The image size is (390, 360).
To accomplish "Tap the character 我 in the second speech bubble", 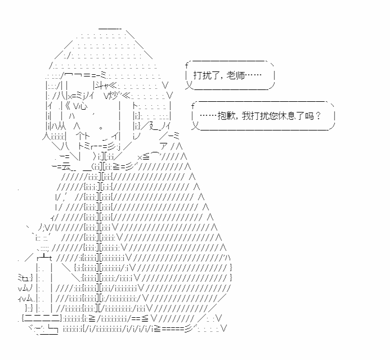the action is click(246, 116).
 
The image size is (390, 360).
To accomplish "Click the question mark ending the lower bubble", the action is click(318, 116).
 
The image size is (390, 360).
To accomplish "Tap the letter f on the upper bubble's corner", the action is click(186, 65).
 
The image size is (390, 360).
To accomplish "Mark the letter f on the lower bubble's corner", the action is click(193, 106).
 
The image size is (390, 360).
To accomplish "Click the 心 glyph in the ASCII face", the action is click(82, 106).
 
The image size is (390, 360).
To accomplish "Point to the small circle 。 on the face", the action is click(101, 128).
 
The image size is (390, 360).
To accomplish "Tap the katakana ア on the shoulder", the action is click(163, 146).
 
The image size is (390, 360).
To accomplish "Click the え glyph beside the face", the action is click(154, 127).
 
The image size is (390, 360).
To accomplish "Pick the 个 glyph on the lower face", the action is click(81, 137).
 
